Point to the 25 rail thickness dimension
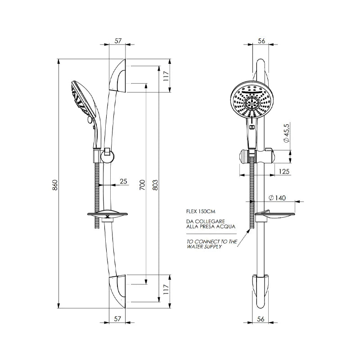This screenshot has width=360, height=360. [124, 181]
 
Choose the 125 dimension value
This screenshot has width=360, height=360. [283, 171]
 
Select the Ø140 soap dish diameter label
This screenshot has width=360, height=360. [277, 198]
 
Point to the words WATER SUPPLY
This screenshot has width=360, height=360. [205, 247]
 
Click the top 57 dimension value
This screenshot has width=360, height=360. [118, 40]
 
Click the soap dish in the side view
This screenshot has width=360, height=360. [107, 215]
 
